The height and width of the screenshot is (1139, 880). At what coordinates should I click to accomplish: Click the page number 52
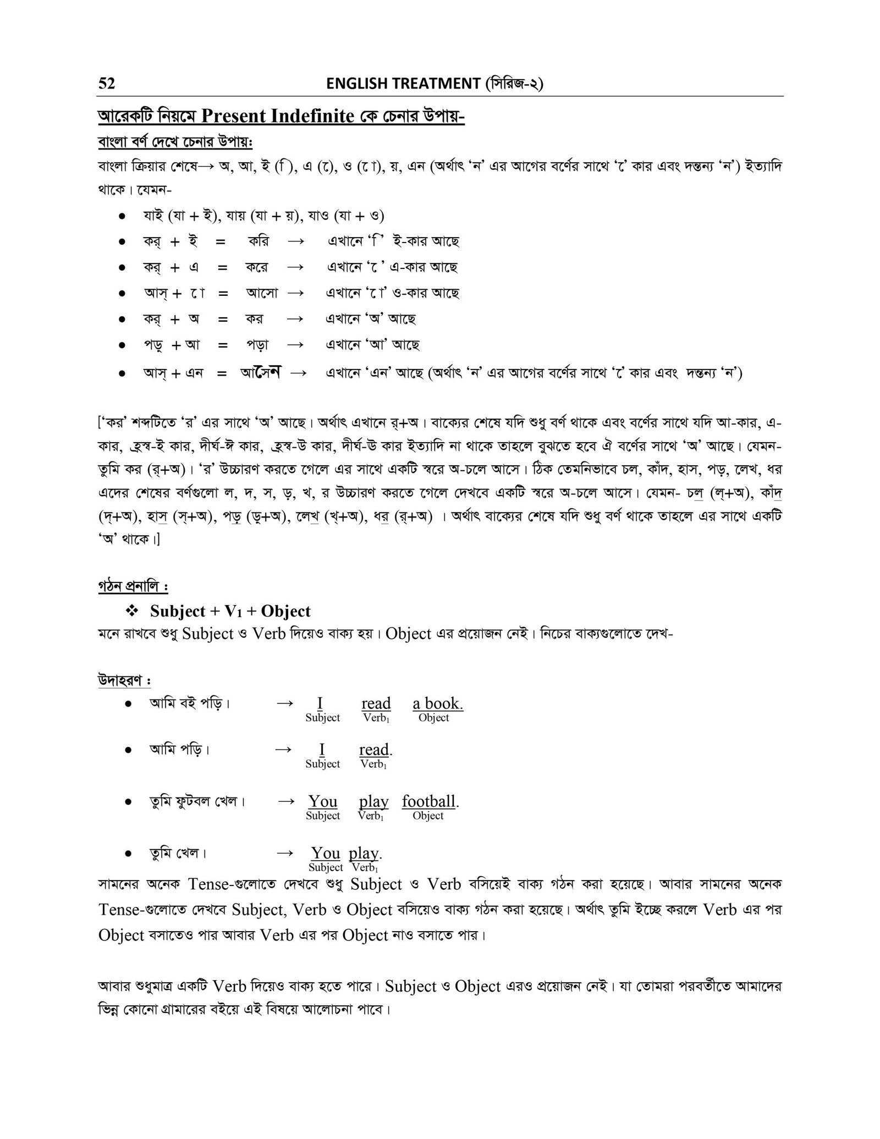pyautogui.click(x=107, y=84)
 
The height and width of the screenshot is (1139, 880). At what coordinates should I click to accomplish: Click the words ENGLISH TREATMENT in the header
pyautogui.click(x=403, y=84)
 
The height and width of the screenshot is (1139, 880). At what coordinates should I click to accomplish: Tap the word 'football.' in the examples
pyautogui.click(x=430, y=801)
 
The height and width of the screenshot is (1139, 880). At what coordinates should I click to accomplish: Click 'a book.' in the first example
pyautogui.click(x=438, y=703)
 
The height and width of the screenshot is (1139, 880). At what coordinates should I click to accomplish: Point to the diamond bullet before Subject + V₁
pyautogui.click(x=131, y=611)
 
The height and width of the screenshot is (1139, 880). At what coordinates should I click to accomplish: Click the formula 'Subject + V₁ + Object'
pyautogui.click(x=230, y=611)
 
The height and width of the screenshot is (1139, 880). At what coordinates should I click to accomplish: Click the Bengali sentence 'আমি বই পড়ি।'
pyautogui.click(x=189, y=703)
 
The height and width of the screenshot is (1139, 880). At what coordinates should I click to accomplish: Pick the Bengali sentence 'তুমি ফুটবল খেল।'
pyautogui.click(x=197, y=801)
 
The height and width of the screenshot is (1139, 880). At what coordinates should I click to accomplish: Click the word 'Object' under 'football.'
pyautogui.click(x=428, y=816)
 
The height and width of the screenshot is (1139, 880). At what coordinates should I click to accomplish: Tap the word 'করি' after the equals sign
pyautogui.click(x=258, y=241)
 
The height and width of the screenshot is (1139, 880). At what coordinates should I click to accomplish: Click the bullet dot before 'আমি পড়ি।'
pyautogui.click(x=128, y=750)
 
